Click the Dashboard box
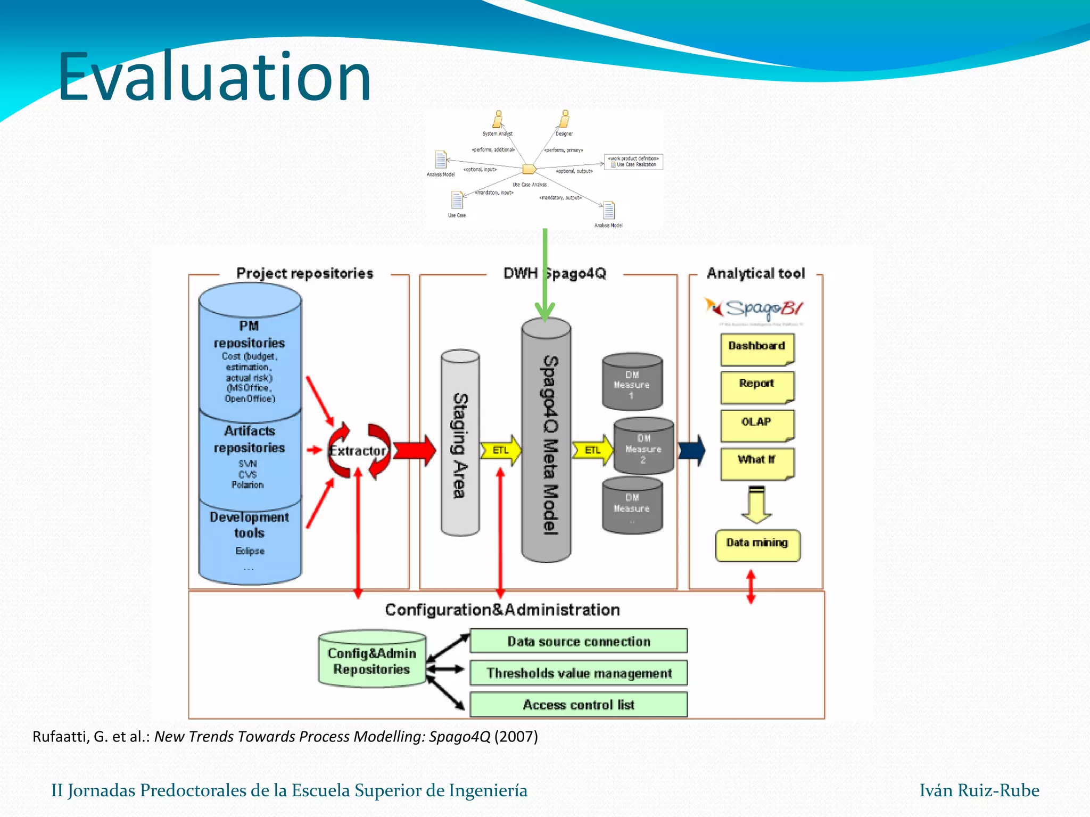point(757,348)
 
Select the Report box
point(757,386)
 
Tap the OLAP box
point(757,424)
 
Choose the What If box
point(757,462)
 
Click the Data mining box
point(757,545)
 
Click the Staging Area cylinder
point(460,443)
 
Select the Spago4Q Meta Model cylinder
point(546,441)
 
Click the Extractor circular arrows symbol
point(358,451)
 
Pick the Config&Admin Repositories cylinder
point(371,659)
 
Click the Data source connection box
point(579,641)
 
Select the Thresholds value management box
point(579,673)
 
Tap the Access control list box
point(579,704)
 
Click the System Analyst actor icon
point(498,119)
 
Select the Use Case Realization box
point(633,162)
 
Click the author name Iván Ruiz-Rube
point(979,790)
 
